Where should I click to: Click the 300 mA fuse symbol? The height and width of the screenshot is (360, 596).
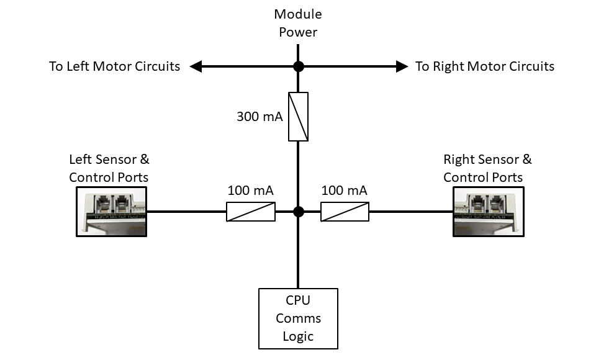pos(299,117)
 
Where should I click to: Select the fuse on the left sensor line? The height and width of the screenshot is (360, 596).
pos(250,212)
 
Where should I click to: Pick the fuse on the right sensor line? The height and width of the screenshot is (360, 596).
pos(345,212)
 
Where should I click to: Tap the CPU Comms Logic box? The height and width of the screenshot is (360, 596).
pos(299,318)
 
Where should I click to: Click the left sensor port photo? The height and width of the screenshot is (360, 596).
pos(111,212)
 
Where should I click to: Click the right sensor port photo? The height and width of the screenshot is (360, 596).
pos(486,212)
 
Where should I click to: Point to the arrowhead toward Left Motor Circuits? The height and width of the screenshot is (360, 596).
pos(195,66)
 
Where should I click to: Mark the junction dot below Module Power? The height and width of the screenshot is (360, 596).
pos(299,66)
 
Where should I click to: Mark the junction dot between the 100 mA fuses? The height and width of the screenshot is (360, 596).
pos(299,212)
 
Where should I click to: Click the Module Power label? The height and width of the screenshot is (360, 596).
pos(299,23)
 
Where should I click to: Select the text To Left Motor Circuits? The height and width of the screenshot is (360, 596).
pos(115,66)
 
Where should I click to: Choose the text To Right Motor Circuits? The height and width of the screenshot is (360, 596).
pos(485,66)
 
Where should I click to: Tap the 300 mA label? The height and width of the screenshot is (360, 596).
pos(260,117)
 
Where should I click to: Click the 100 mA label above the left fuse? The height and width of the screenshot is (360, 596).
pos(250,191)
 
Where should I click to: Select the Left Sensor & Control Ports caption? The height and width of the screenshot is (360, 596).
pos(109,168)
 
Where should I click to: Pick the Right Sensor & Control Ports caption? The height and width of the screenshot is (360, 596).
pos(487,168)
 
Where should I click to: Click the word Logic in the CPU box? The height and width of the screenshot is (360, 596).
pos(299,336)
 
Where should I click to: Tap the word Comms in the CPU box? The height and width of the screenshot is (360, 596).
pos(299,318)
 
